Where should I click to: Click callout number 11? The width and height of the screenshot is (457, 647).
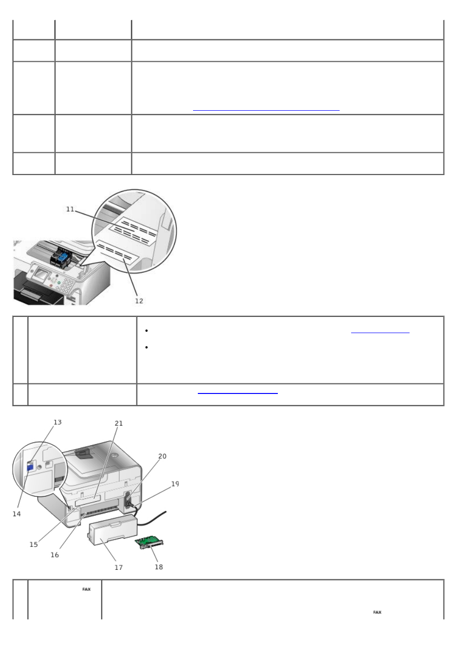[70, 209]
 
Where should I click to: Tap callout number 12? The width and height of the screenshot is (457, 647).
[139, 301]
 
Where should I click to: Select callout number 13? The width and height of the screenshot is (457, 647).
[57, 422]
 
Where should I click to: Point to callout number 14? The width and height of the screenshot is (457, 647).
[17, 514]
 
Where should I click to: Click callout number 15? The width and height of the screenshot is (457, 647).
[34, 544]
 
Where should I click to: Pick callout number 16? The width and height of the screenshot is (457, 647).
[55, 555]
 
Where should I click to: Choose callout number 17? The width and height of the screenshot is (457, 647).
[119, 567]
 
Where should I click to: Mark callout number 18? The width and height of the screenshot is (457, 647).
[159, 567]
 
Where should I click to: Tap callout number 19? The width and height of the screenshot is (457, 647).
[175, 484]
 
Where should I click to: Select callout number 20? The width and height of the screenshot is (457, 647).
[162, 456]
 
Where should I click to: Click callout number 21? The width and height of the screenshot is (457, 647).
[119, 423]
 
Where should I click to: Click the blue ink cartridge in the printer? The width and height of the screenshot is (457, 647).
[63, 256]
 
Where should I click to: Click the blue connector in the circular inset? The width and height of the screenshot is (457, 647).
[29, 468]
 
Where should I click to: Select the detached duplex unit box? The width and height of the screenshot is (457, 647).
[112, 529]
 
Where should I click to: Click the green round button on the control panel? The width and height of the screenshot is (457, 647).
[59, 283]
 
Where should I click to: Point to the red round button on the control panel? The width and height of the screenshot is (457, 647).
[51, 285]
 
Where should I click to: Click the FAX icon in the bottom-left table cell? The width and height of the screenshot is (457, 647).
[86, 589]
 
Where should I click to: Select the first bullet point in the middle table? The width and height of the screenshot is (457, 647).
[147, 331]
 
